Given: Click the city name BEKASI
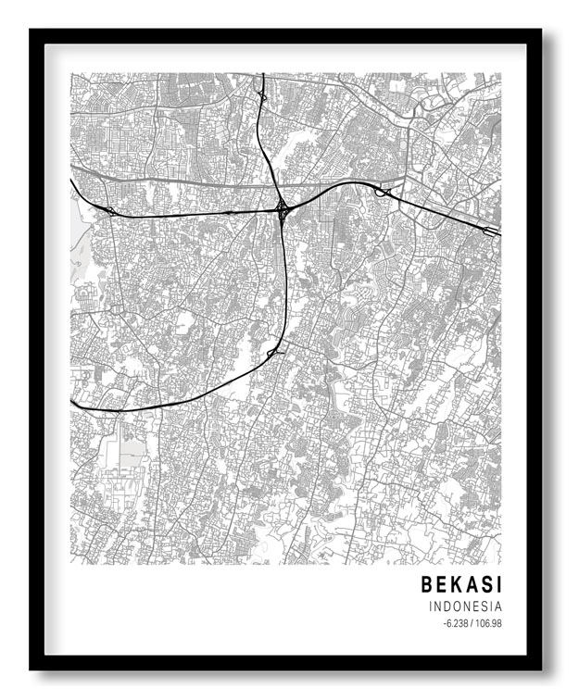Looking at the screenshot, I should click(x=461, y=584).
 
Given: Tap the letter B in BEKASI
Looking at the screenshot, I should click(x=427, y=584).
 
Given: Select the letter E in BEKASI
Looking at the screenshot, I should click(x=442, y=584).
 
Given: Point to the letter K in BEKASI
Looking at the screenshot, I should click(x=457, y=584).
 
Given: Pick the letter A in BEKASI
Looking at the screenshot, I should click(x=472, y=584).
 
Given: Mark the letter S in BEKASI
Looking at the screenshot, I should click(x=486, y=584).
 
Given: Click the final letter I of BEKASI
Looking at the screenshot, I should click(x=498, y=584).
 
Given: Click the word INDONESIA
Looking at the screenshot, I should click(x=466, y=606).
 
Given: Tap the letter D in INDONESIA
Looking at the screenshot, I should click(x=447, y=606).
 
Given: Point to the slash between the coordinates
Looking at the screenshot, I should click(x=472, y=623).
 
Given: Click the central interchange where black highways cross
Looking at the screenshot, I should click(x=281, y=207).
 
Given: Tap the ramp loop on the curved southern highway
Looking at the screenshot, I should click(x=273, y=353).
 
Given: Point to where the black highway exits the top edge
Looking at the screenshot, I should click(x=262, y=75).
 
